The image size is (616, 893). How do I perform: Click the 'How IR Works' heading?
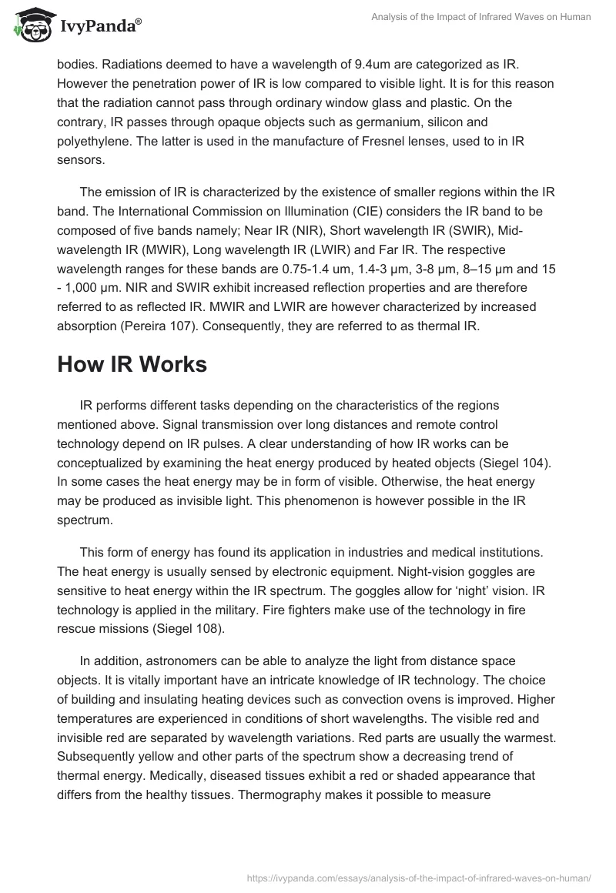[132, 364]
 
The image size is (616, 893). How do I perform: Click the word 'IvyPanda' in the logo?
[97, 25]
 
